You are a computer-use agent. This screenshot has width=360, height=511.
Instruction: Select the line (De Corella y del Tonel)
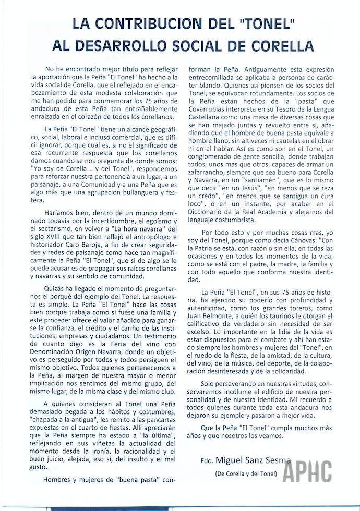tap(246, 473)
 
